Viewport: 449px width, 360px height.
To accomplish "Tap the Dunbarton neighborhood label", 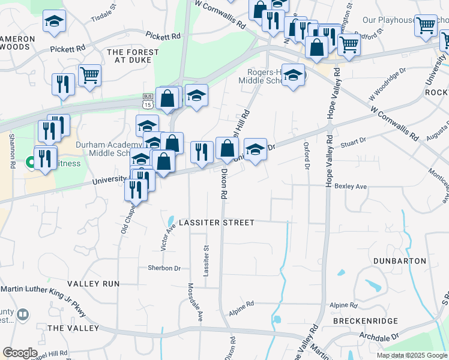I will [399, 261].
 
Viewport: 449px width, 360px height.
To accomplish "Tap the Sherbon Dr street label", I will [164, 268].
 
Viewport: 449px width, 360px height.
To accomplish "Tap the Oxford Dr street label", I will [307, 155].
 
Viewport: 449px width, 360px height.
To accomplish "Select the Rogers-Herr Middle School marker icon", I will [293, 75].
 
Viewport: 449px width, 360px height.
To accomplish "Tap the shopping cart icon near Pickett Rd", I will [89, 75].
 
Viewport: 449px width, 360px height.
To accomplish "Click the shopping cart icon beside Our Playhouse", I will [426, 25].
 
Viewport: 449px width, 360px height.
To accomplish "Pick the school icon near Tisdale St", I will [55, 22].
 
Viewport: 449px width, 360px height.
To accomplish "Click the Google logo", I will [20, 353].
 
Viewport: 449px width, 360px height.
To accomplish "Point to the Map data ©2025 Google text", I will [411, 355].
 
